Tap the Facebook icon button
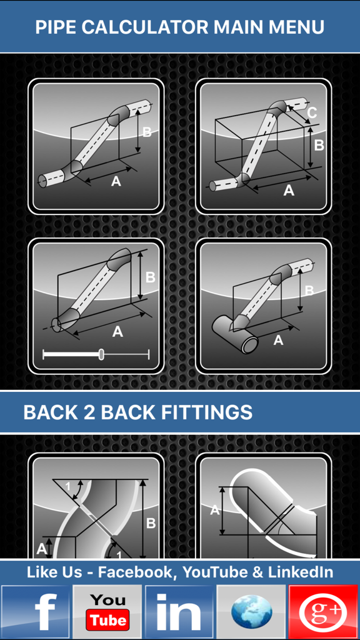pos(36,612)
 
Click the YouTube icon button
pos(108,612)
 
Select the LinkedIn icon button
pos(180,612)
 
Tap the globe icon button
pos(252,612)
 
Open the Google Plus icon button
pos(323,612)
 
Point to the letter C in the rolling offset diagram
pos(312,113)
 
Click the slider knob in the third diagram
pos(101,355)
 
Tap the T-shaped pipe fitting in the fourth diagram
pos(234,332)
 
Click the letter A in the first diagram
pos(116,181)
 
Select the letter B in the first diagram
pos(147,132)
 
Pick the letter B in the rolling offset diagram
pos(319,145)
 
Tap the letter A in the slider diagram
pos(117,332)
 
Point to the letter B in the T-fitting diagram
pos(309,291)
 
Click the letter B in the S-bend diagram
pos(150,524)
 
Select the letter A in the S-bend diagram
pos(41,549)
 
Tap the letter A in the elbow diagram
pos(214,510)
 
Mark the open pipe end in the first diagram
pos(42,181)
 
